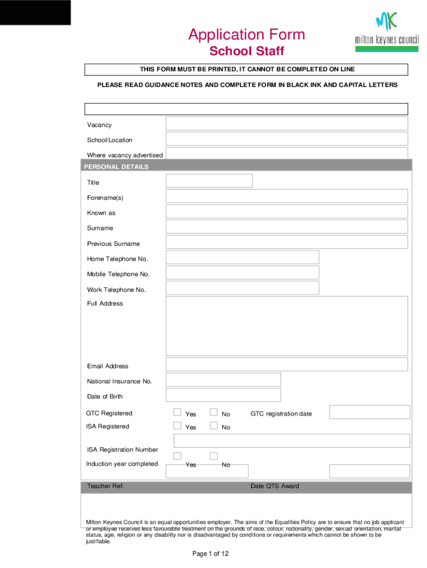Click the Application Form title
(x=246, y=35)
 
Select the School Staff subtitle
(x=246, y=52)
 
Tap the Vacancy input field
(x=286, y=124)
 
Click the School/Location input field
(x=286, y=139)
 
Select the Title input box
(x=209, y=181)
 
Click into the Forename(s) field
(x=286, y=196)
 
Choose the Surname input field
(x=286, y=227)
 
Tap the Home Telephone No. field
(x=242, y=257)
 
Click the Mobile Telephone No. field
(x=242, y=272)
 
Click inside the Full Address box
(x=286, y=326)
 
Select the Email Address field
(x=286, y=364)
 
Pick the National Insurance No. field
(x=223, y=379)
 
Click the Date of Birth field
(x=223, y=395)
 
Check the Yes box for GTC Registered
(x=177, y=412)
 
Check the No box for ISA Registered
(x=213, y=425)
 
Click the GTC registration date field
(x=369, y=412)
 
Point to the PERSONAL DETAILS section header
(x=116, y=166)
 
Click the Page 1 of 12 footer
(x=210, y=554)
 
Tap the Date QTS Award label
(x=274, y=486)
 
